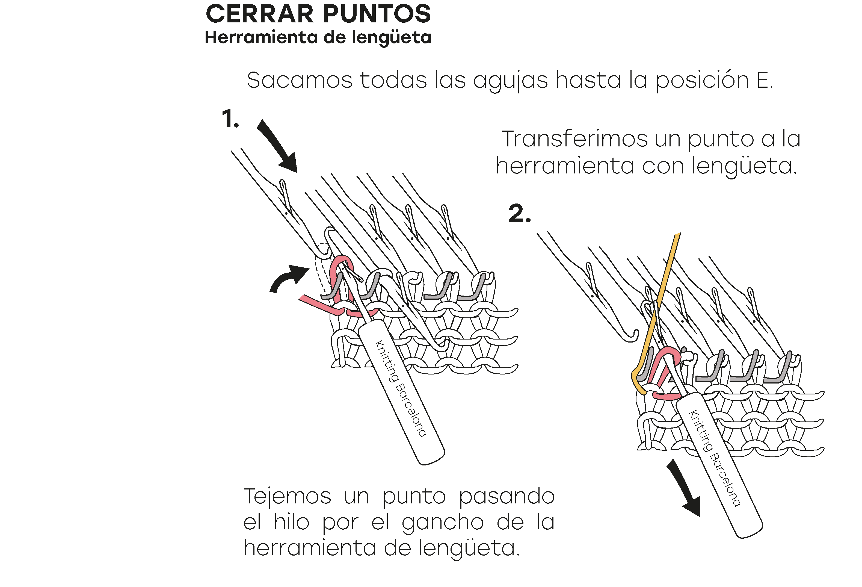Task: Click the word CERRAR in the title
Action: [x=260, y=14]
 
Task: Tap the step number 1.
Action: [x=230, y=119]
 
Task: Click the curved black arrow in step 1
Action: [x=288, y=278]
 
